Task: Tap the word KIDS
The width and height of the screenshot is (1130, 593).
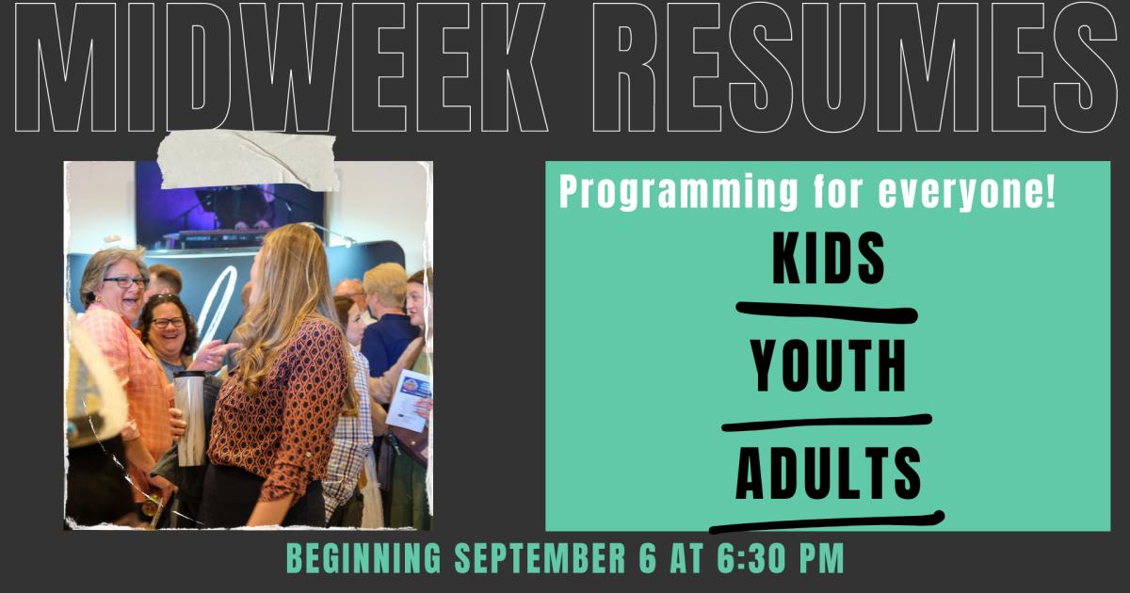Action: pyautogui.click(x=828, y=261)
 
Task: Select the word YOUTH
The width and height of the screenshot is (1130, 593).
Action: pyautogui.click(x=828, y=366)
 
